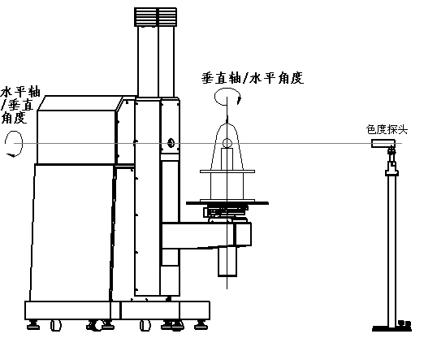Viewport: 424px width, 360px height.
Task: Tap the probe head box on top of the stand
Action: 382,144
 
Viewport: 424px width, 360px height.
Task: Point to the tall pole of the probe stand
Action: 392,244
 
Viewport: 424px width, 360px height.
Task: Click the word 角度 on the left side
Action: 13,118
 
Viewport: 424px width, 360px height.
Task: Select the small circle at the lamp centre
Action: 227,144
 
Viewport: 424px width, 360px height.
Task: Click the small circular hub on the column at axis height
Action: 171,144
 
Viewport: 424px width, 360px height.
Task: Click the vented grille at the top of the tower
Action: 155,16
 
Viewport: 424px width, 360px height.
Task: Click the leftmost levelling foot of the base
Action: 34,324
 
